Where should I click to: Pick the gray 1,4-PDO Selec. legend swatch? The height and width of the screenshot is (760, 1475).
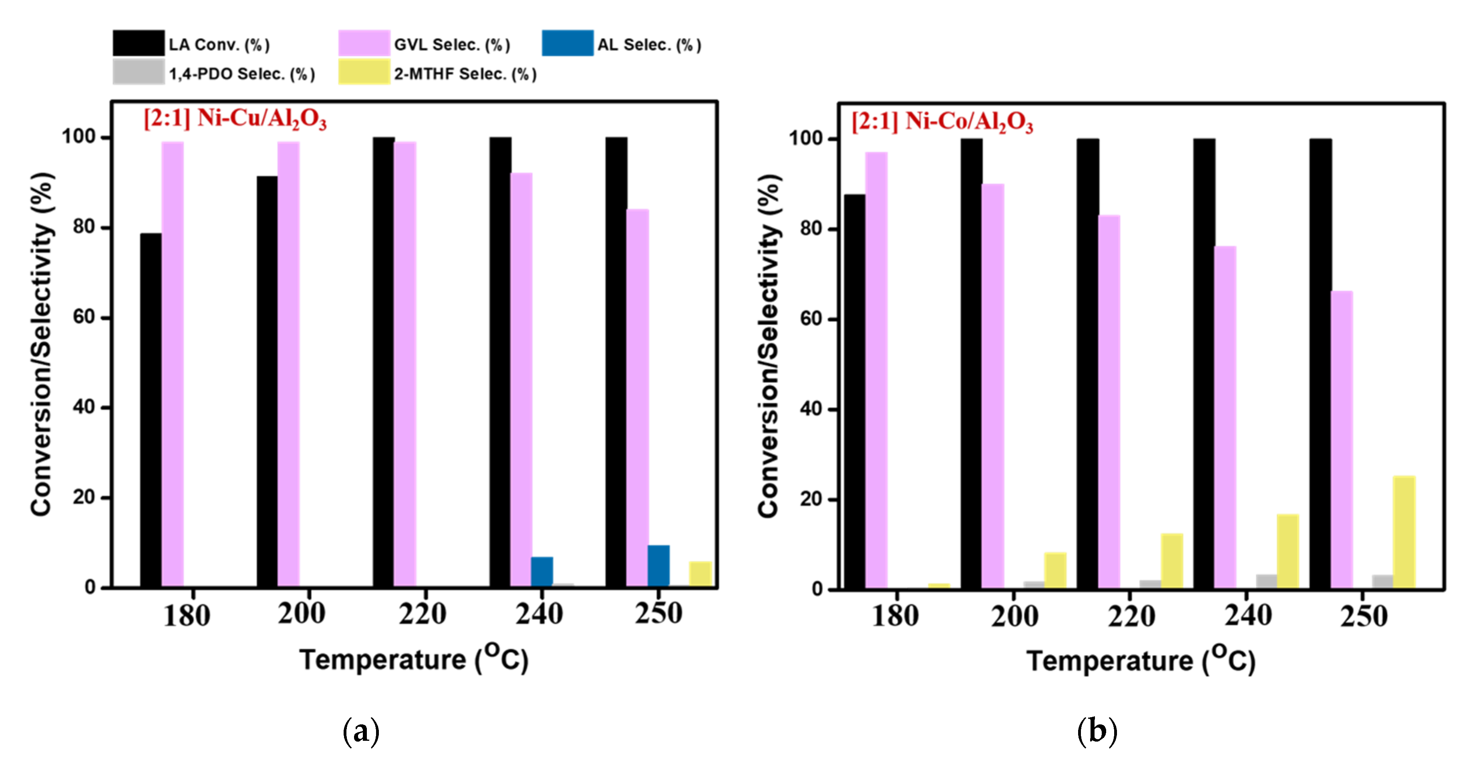[138, 72]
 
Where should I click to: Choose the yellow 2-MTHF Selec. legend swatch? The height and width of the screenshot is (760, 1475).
[364, 72]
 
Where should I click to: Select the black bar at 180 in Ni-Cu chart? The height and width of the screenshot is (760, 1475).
[151, 409]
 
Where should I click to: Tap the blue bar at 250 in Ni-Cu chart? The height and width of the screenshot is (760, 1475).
[658, 565]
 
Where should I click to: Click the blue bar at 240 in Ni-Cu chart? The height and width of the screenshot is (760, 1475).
[542, 571]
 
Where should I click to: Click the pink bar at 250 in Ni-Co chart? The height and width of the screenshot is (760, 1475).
[1342, 439]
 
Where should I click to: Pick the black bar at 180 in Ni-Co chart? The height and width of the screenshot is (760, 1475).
[854, 391]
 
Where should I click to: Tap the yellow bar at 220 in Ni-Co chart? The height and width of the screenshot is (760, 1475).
[1171, 560]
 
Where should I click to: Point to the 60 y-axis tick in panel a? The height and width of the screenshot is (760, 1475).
[84, 317]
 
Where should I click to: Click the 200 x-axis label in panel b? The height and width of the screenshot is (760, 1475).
[1014, 616]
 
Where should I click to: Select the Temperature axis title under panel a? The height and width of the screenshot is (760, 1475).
[413, 659]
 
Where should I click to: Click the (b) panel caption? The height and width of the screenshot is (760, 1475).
[1097, 732]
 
